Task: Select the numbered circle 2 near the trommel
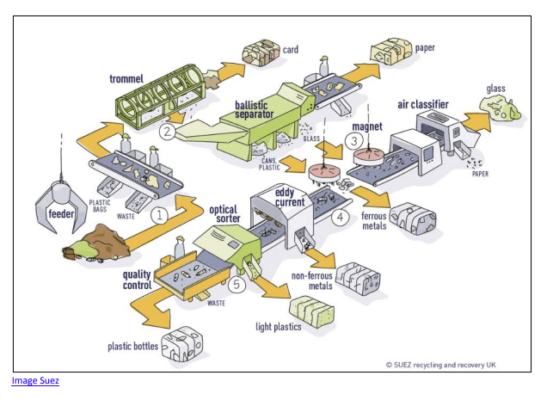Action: [x=167, y=132]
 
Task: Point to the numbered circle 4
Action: [x=341, y=218]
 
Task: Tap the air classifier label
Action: [x=425, y=104]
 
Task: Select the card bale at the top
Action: [x=261, y=52]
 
